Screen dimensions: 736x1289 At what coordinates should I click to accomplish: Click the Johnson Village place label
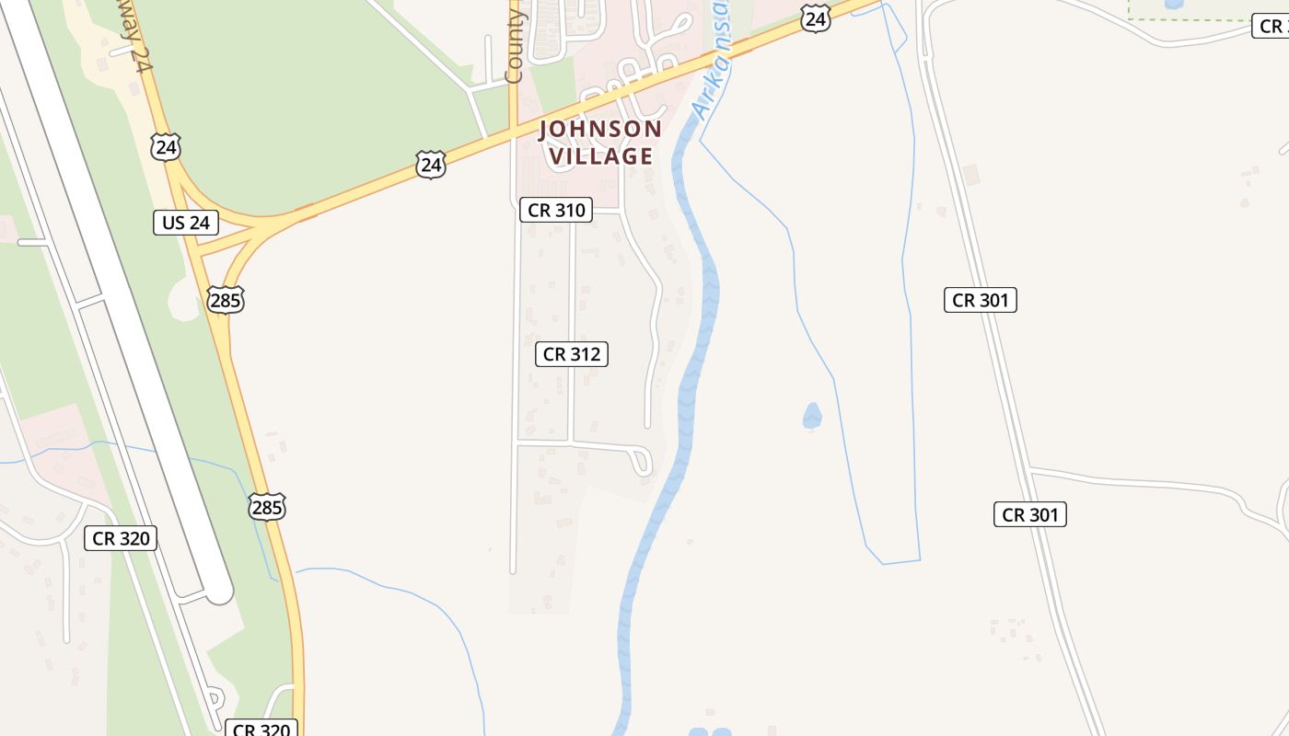[x=600, y=143]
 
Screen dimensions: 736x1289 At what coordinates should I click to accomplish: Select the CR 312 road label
[x=571, y=354]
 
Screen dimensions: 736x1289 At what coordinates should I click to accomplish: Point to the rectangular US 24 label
[x=185, y=222]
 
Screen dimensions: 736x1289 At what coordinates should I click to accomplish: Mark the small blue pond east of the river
[x=811, y=417]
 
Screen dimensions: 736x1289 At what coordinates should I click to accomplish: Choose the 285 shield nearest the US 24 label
[x=225, y=300]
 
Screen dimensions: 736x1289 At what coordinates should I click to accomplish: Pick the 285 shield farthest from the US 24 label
[x=266, y=507]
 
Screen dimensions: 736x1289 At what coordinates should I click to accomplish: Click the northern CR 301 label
[x=980, y=300]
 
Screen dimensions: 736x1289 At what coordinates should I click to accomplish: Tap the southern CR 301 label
[x=1029, y=514]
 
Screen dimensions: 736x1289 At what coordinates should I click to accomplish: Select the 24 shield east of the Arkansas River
[x=815, y=19]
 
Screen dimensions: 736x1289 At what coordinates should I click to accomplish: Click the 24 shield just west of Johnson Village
[x=430, y=165]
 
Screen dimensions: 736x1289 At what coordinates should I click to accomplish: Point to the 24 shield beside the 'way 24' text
[x=167, y=147]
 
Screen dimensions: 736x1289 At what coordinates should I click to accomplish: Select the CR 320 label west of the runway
[x=120, y=538]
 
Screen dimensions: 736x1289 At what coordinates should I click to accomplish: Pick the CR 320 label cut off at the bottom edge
[x=261, y=729]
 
